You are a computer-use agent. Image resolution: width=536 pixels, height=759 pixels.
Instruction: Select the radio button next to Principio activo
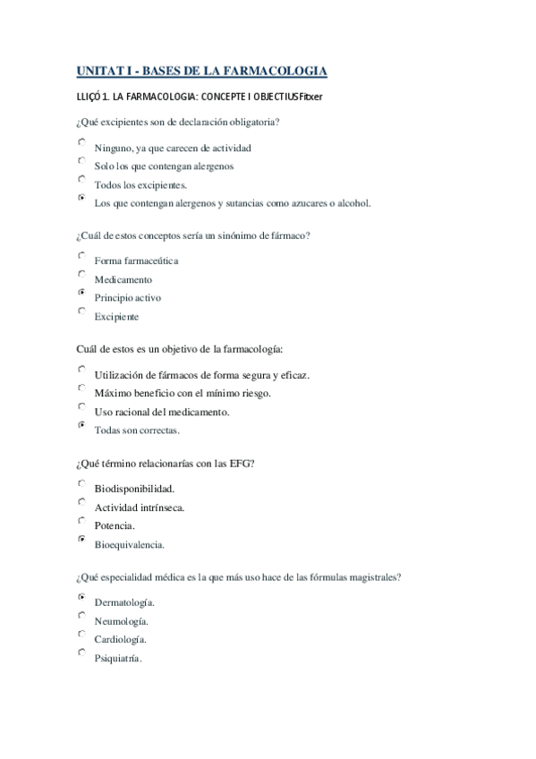81,293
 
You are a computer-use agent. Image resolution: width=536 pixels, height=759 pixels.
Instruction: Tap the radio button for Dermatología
81,596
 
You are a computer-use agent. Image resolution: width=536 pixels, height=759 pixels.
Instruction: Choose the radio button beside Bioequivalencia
81,539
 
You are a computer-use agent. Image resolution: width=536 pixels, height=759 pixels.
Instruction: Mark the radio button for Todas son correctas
81,425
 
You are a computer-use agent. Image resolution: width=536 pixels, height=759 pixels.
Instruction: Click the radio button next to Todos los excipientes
81,179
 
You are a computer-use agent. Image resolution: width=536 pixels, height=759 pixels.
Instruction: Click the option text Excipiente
116,317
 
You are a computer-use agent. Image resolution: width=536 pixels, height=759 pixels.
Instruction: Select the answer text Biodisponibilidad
134,489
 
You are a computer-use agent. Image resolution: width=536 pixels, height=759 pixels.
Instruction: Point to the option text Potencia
115,525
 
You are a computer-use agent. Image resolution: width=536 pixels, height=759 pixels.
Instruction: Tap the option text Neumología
122,621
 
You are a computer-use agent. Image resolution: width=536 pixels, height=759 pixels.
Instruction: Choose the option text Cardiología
121,640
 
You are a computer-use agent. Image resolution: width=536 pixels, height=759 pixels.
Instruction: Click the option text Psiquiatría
118,659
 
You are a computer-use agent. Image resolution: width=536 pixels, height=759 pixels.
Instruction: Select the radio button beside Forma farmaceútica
81,255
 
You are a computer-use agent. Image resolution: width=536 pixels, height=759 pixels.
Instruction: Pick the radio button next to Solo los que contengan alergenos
81,160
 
